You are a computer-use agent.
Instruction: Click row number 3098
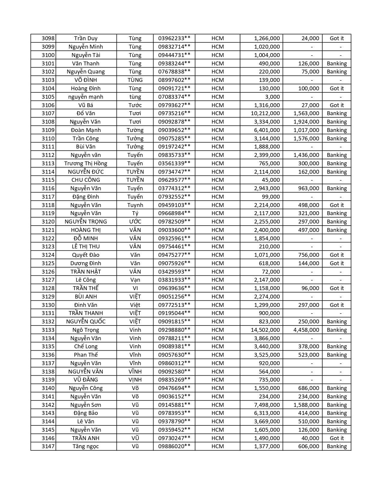[x=48, y=38]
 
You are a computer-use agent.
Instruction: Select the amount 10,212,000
[x=265, y=113]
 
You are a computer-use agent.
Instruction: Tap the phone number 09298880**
[x=174, y=330]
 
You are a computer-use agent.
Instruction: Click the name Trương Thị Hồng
[x=86, y=163]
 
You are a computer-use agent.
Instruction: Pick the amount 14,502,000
[x=265, y=330]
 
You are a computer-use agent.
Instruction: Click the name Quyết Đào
[x=86, y=255]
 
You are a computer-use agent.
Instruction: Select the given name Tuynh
[x=135, y=205]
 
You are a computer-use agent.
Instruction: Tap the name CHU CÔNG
[x=86, y=180]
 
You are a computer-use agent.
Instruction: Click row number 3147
[x=48, y=446]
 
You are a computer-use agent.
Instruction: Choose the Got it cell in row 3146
[x=336, y=438]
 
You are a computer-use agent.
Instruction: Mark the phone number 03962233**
[x=174, y=38]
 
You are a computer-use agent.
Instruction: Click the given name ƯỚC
[x=135, y=222]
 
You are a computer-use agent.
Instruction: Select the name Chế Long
[x=86, y=346]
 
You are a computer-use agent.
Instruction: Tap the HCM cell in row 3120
[x=217, y=222]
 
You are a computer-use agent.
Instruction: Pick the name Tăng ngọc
[x=86, y=446]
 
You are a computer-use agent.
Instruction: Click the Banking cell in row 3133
[x=336, y=330]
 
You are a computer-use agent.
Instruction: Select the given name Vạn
[x=135, y=280]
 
